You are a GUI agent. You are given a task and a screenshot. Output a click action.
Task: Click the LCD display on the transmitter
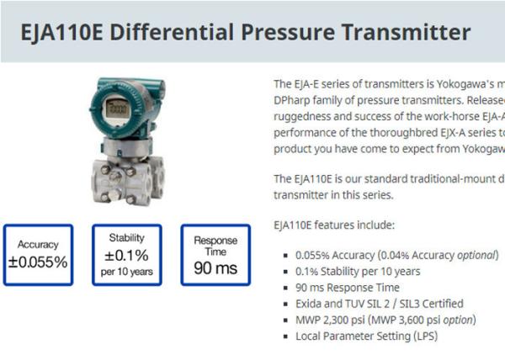[118, 109]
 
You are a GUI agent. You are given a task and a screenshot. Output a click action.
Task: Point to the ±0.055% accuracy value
[38, 262]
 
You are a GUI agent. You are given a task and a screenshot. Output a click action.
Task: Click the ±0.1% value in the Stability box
[126, 256]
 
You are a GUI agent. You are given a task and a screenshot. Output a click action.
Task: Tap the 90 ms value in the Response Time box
[215, 268]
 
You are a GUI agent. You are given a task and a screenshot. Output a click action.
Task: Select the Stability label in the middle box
[126, 238]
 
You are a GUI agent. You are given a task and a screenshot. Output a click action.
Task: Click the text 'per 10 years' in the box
[126, 272]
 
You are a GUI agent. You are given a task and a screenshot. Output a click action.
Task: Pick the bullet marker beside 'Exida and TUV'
[285, 304]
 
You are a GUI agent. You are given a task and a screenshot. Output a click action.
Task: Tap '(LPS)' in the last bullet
[425, 336]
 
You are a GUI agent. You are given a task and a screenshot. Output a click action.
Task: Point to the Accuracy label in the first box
[38, 245]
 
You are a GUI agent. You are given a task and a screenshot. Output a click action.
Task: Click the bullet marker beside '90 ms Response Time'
[285, 288]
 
